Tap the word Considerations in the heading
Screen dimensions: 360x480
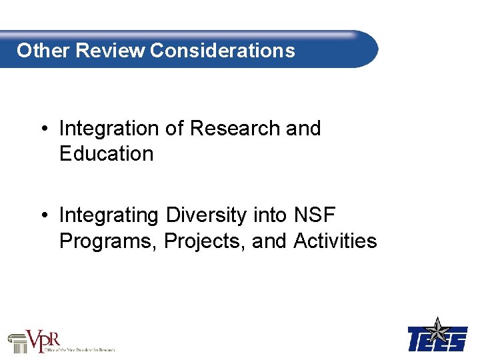point(223,51)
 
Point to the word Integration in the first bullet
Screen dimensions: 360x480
point(109,128)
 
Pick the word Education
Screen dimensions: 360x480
point(106,153)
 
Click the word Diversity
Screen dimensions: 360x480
point(207,215)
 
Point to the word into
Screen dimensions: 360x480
point(270,215)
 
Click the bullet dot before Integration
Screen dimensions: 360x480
point(43,129)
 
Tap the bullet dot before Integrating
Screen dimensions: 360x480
point(43,216)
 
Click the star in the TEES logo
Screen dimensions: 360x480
point(438,329)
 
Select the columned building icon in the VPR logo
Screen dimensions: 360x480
point(17,342)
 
